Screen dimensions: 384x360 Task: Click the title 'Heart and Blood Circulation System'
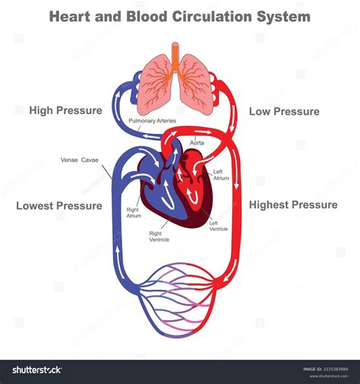coord(180,16)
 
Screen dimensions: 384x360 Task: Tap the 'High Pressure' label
coord(65,111)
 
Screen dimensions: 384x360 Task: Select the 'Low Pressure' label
coord(284,111)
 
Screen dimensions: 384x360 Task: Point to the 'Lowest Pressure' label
coord(59,206)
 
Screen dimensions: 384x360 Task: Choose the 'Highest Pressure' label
coord(293,205)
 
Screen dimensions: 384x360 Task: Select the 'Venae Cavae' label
coord(80,160)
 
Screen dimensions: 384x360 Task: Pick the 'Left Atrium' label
coord(221,174)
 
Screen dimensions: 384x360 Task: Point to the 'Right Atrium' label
coord(134,212)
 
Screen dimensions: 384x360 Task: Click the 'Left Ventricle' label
coord(219,225)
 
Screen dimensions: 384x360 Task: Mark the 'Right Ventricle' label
coord(159,236)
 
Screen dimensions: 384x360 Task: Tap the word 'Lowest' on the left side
coord(35,206)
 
